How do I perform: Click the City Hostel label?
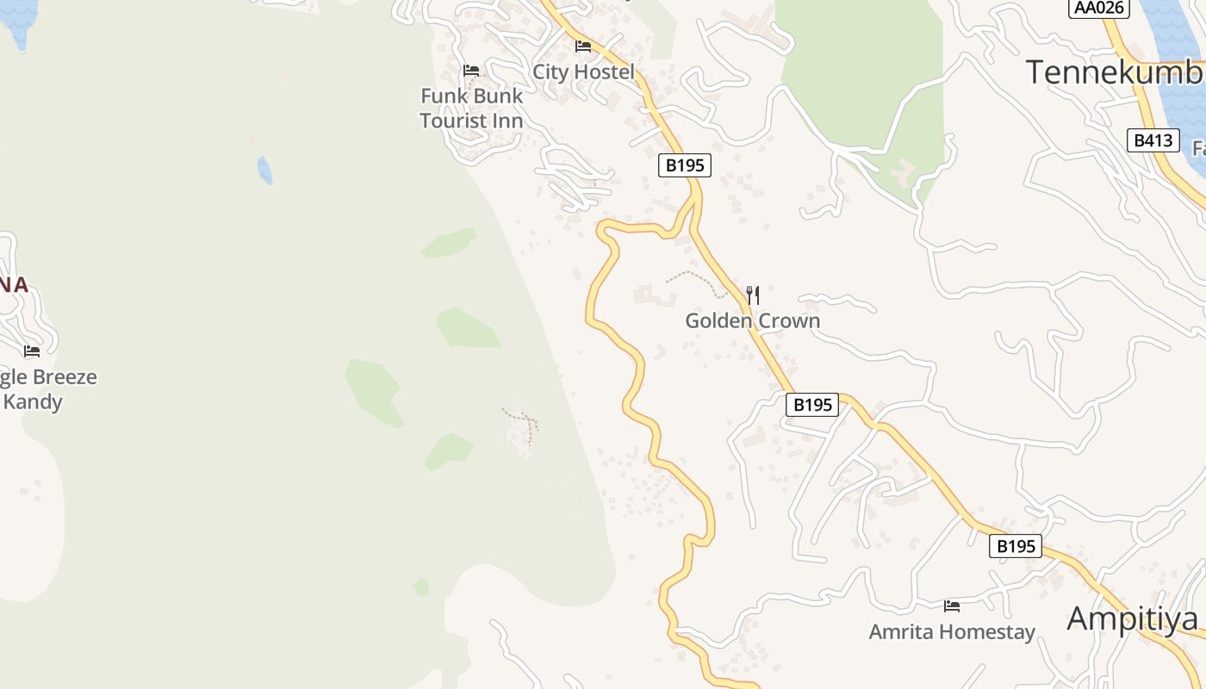click(583, 71)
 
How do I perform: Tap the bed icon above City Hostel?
click(583, 47)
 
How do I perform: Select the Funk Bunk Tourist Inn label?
click(472, 108)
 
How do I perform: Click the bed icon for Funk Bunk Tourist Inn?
click(470, 71)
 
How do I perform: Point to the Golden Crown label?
click(752, 321)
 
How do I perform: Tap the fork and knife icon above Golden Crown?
click(752, 295)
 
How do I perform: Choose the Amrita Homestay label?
click(952, 632)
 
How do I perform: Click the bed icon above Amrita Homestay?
click(952, 606)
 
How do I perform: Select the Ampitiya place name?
click(1132, 618)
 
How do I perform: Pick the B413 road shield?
click(1153, 140)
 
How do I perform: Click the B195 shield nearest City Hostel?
click(685, 165)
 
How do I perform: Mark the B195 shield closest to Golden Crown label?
click(811, 405)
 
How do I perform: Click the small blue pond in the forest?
click(264, 170)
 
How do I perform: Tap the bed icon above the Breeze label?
click(32, 351)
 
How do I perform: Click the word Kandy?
click(33, 401)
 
